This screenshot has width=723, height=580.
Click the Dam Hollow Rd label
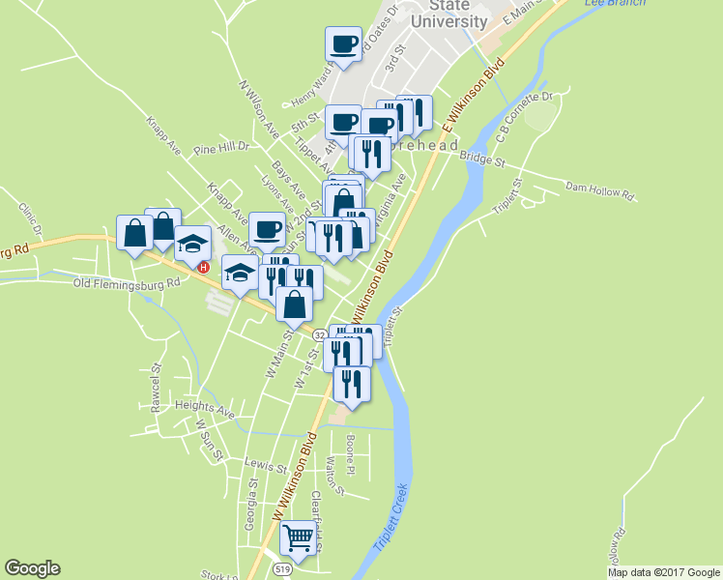tap(599, 189)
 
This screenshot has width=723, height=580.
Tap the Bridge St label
tap(482, 156)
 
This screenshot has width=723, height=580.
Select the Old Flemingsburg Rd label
tap(127, 283)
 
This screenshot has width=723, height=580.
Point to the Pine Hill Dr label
tap(221, 149)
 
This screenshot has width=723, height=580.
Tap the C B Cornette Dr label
tap(523, 116)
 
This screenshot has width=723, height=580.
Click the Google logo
tap(32, 568)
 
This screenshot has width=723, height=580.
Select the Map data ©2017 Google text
tap(662, 572)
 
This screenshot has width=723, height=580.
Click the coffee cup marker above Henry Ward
tap(343, 43)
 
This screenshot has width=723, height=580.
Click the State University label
tap(448, 14)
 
